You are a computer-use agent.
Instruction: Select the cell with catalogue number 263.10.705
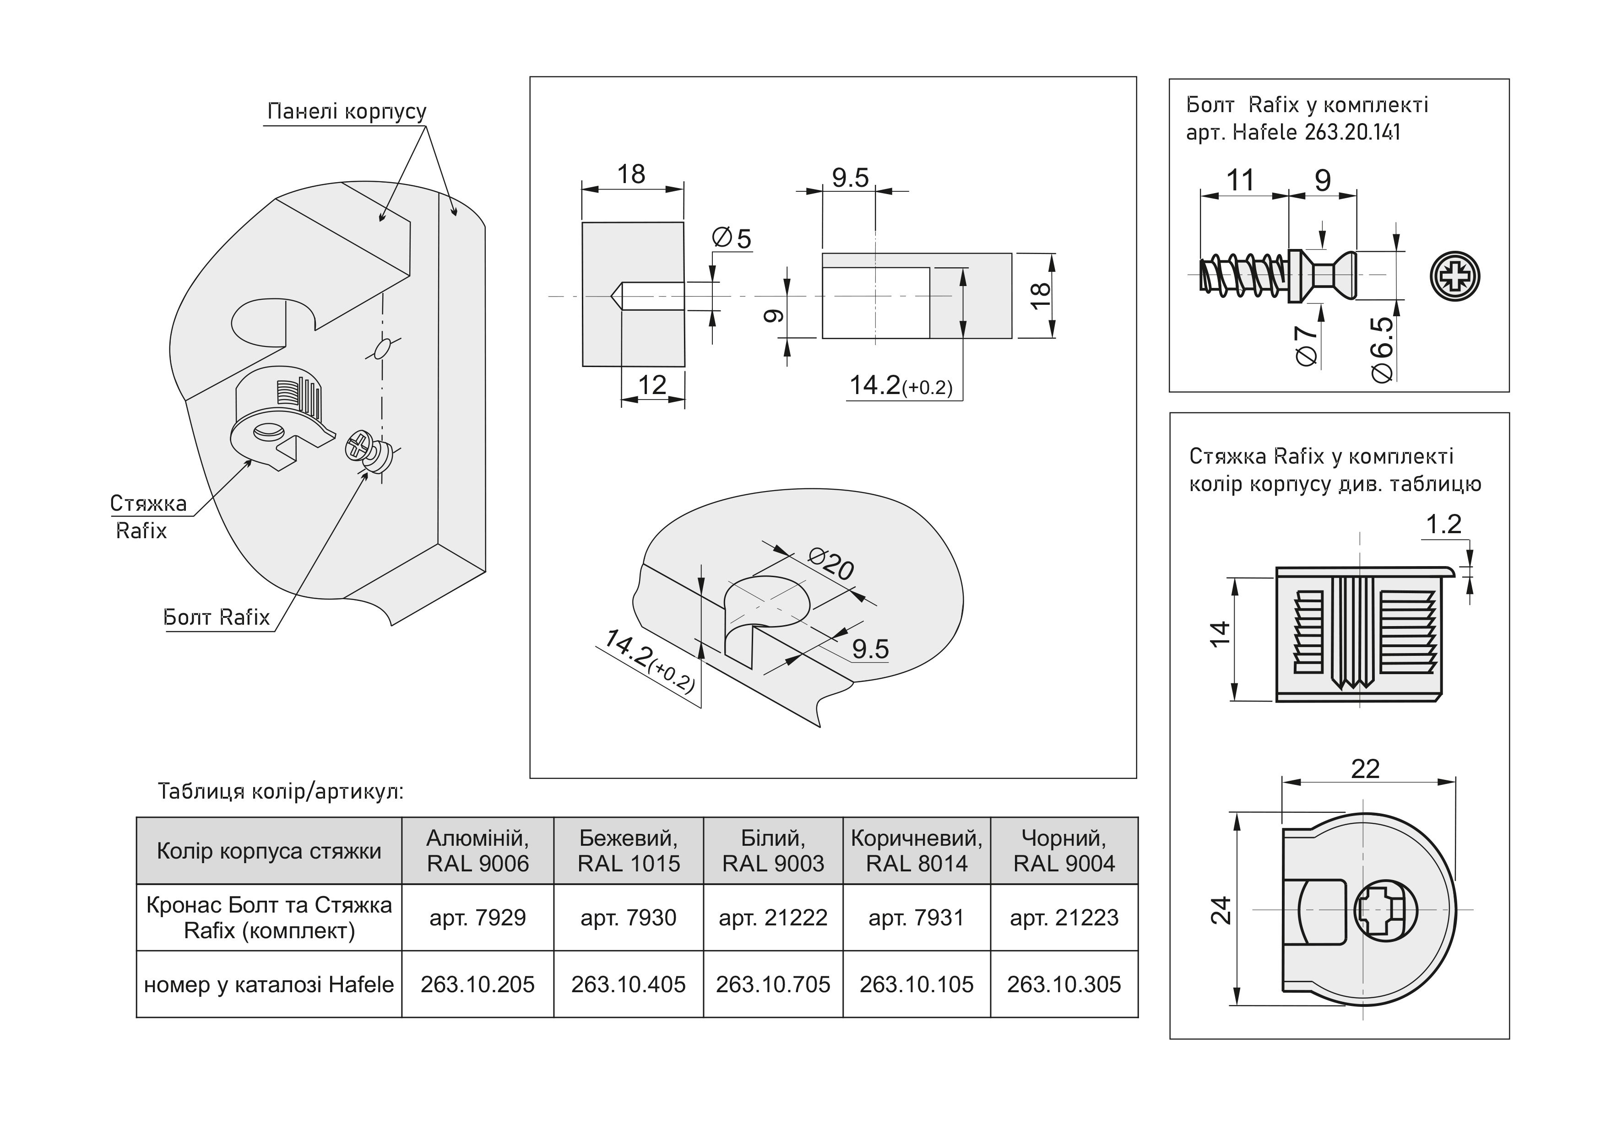coord(772,984)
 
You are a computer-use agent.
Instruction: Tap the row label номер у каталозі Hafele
coord(269,984)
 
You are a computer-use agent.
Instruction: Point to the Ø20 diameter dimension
coord(831,565)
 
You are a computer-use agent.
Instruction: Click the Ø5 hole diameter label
coord(732,238)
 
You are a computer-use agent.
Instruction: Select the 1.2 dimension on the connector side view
coord(1443,524)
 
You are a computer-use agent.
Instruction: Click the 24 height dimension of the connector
coord(1221,911)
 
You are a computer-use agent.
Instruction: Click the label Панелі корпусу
coord(347,112)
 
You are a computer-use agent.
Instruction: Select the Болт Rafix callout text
coord(216,617)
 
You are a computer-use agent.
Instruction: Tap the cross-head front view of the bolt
coord(1455,276)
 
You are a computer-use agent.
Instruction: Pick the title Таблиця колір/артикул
coord(281,792)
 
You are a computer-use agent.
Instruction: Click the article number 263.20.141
coord(1352,132)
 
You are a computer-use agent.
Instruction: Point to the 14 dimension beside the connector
coord(1220,635)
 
